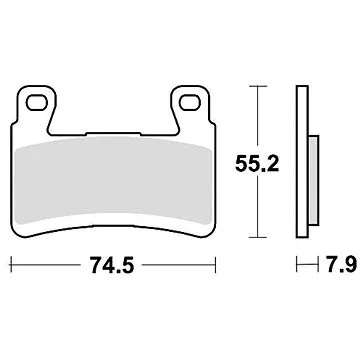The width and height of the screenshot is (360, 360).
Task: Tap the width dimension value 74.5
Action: [113, 267]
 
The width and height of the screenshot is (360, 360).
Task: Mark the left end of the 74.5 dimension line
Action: [11, 267]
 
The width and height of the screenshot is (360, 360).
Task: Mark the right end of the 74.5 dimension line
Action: [217, 267]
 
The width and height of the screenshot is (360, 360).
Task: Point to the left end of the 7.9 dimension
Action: [297, 267]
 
